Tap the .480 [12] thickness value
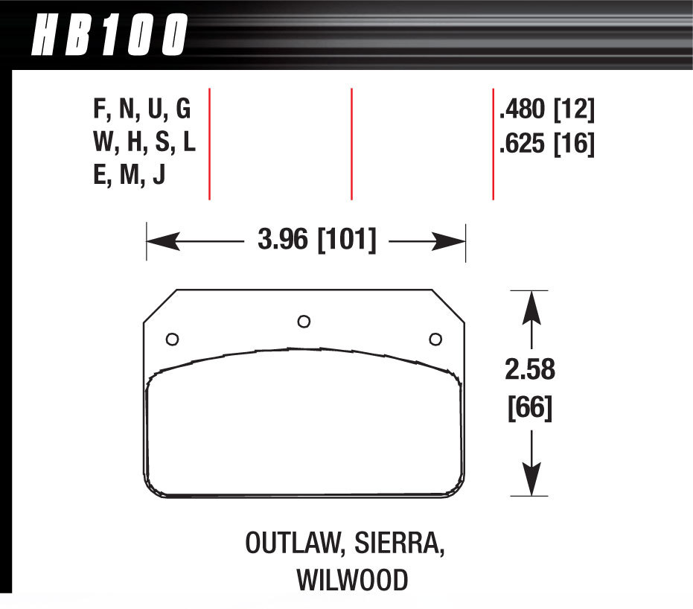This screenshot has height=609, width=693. point(547,110)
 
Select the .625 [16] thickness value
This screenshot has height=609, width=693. point(547,144)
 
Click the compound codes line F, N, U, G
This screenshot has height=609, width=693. point(142,110)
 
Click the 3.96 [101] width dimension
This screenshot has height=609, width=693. point(316,241)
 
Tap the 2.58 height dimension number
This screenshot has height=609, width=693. point(530,370)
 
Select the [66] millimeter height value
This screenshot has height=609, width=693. point(530,407)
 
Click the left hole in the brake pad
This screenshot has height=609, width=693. point(172,339)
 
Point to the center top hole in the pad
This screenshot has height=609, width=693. point(303,321)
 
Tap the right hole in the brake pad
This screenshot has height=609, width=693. point(435,339)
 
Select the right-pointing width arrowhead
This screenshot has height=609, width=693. point(450,241)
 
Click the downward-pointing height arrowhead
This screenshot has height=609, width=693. point(530,481)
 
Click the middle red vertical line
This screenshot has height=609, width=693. point(351,144)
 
